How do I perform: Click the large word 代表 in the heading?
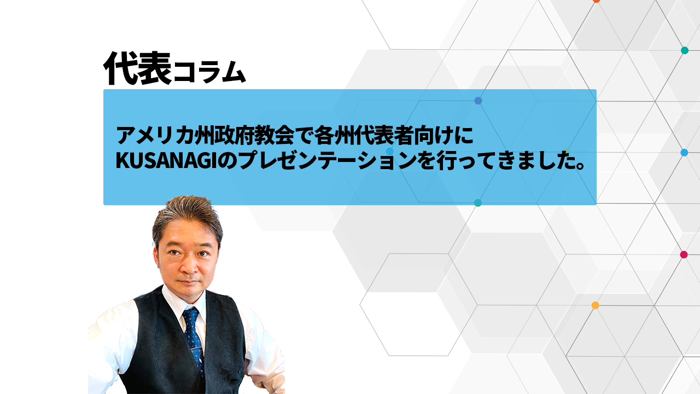click(x=138, y=68)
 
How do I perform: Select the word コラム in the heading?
click(x=209, y=72)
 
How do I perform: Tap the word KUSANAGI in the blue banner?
click(x=167, y=161)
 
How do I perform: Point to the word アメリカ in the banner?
click(x=154, y=135)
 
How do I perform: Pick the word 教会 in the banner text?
click(x=275, y=135)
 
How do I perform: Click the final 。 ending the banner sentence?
click(x=580, y=165)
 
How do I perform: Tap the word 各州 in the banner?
click(x=334, y=135)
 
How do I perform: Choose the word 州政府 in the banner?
click(x=224, y=135)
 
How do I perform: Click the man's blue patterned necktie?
click(x=194, y=339)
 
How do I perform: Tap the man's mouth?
click(x=189, y=282)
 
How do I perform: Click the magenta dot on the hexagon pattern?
click(x=684, y=254)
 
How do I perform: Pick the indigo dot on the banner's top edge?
click(x=478, y=101)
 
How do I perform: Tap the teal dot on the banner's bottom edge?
click(x=478, y=202)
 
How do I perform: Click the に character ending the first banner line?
click(x=465, y=135)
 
